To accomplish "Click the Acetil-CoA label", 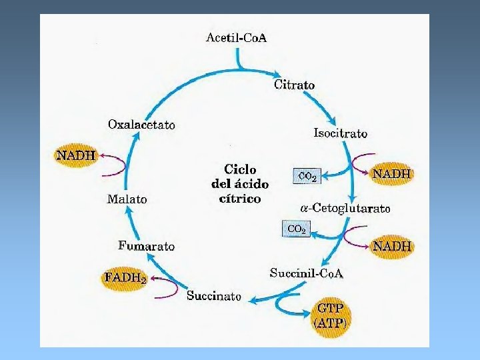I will pos(236,37).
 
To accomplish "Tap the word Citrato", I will pos(294,85).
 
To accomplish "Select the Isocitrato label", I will pos(340,133).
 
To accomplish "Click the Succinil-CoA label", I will pos(307,272).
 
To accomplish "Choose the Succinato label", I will pos(214,295).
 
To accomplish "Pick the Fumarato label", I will pos(147,246).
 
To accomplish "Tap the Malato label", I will pos(127,199).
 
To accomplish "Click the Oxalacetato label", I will pos(141,125).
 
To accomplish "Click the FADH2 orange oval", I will pos(124,277).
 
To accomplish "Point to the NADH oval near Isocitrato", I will pos(391,173).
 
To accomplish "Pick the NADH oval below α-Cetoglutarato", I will pos(392,246).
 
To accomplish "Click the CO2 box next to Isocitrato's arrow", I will pos(307,177).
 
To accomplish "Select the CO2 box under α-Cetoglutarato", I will pos(297,229).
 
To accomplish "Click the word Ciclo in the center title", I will pos(240,169).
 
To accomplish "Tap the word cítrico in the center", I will pos(240,198).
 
